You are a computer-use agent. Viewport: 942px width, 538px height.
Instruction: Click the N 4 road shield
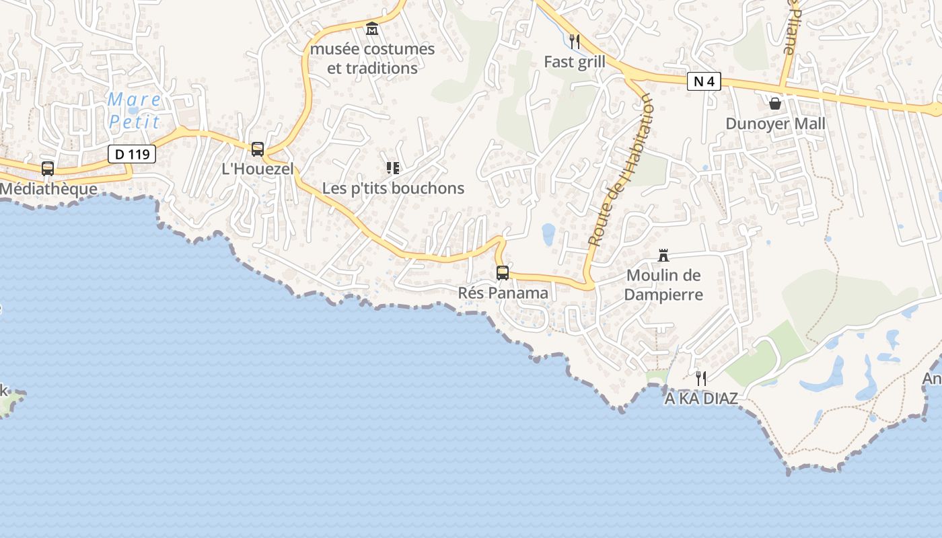(x=704, y=82)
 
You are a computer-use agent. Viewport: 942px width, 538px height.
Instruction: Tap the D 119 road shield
(x=132, y=154)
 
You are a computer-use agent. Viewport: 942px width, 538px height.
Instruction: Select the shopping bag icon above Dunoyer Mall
(x=775, y=104)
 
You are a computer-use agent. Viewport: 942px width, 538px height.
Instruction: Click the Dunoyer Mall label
(x=775, y=124)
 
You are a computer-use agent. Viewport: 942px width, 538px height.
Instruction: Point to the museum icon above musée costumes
(x=372, y=29)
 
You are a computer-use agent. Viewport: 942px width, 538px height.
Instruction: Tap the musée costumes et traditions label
(x=372, y=59)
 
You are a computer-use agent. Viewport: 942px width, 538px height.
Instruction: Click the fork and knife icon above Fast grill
(x=575, y=42)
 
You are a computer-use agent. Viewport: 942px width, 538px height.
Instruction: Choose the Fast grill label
(x=575, y=62)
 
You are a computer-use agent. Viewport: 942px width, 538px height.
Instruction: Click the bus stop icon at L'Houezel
(x=258, y=149)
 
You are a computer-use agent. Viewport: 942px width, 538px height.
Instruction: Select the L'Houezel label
(x=258, y=169)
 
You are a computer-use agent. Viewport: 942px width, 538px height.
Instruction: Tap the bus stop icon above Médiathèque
(x=48, y=169)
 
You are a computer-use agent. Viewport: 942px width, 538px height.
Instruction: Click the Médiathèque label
(x=48, y=189)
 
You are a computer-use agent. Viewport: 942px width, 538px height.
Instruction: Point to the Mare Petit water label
(x=135, y=111)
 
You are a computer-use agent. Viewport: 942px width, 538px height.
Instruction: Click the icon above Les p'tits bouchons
(x=393, y=167)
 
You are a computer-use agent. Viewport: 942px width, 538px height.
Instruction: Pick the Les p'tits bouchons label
(x=393, y=188)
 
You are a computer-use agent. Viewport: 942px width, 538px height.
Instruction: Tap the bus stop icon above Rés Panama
(x=503, y=273)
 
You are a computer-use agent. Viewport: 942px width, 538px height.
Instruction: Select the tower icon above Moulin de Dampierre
(x=663, y=256)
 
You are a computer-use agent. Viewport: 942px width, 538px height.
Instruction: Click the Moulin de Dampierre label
(x=663, y=284)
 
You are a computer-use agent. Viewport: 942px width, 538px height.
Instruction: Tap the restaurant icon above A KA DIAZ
(x=701, y=379)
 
